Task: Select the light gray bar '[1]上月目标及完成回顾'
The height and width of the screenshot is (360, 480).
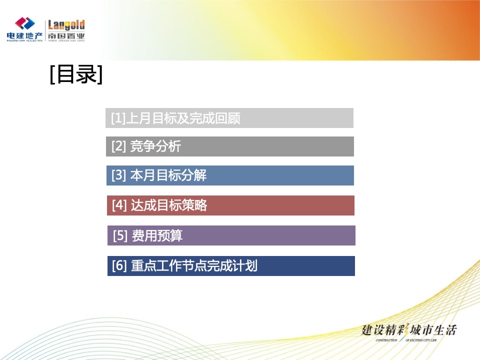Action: click(x=229, y=118)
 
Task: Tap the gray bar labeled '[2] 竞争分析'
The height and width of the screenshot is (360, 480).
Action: click(x=230, y=146)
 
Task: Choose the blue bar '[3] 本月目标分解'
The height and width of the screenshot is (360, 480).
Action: click(x=230, y=175)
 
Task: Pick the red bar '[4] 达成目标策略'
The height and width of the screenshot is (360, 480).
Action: click(x=230, y=205)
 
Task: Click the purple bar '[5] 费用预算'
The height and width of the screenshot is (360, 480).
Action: click(x=231, y=235)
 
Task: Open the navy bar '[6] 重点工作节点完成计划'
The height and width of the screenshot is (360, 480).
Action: click(x=231, y=266)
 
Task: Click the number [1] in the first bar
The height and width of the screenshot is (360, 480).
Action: click(x=118, y=118)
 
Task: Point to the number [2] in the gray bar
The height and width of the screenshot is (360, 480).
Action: click(x=119, y=147)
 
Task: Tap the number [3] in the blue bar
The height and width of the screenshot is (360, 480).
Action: click(x=119, y=176)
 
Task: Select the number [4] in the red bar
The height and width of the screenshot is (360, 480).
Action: click(x=119, y=205)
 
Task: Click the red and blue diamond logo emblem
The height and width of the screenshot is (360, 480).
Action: click(x=24, y=23)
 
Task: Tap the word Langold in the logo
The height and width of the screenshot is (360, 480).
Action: click(x=66, y=25)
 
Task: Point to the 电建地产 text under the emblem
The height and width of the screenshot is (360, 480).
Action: click(x=24, y=36)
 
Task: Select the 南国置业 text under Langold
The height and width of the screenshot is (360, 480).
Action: click(x=66, y=36)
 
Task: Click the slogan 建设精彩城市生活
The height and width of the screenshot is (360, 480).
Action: click(x=409, y=330)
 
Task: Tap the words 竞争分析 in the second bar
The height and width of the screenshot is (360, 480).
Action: click(x=155, y=147)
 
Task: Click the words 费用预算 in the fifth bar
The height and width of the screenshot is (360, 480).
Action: click(x=157, y=236)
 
